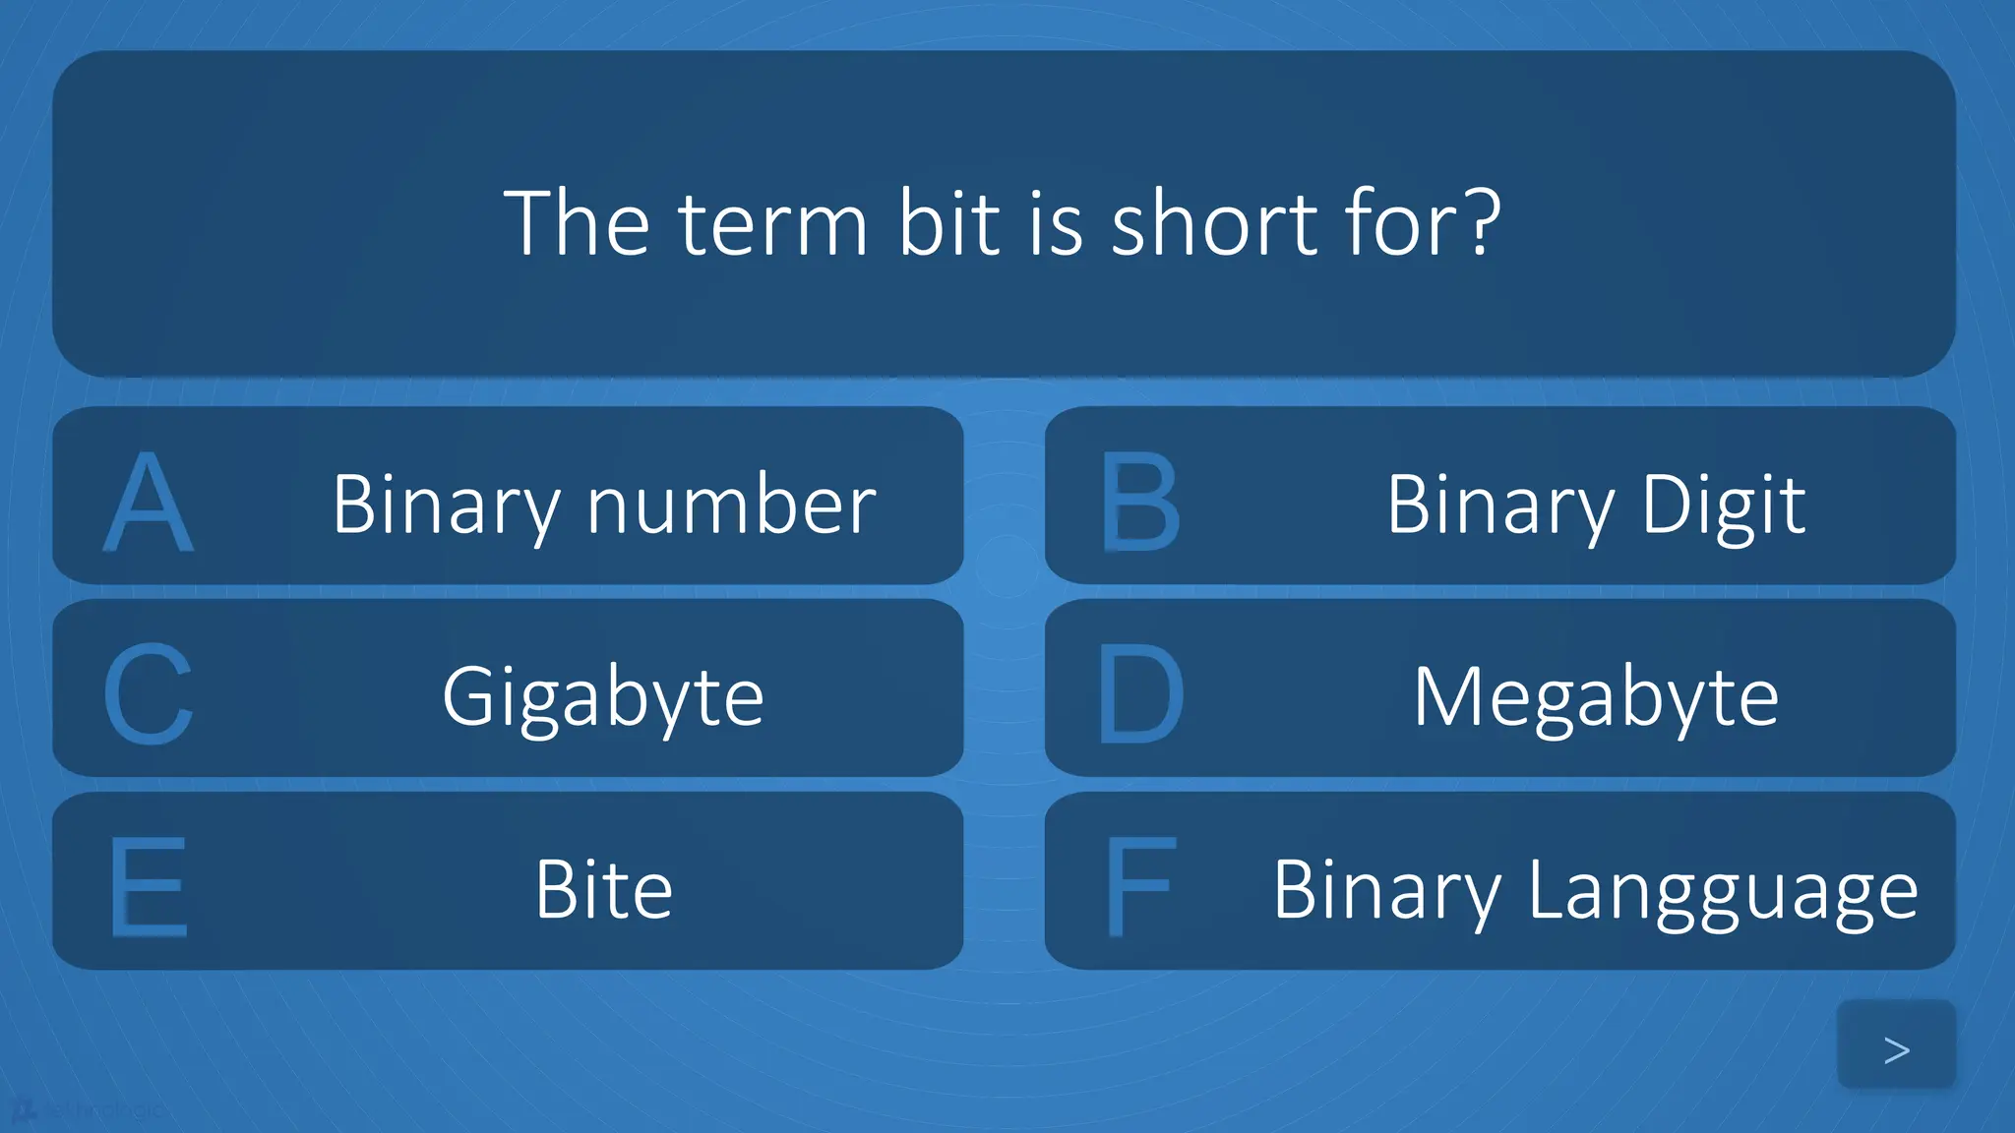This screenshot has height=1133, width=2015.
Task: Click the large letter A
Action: (148, 503)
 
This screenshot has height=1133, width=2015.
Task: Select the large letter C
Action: (148, 694)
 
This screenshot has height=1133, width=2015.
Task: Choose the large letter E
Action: (148, 887)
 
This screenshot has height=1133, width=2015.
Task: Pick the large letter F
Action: (1139, 887)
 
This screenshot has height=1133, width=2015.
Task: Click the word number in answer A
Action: (731, 505)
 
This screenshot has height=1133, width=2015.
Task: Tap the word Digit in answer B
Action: (1723, 505)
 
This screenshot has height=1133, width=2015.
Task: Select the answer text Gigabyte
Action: (603, 697)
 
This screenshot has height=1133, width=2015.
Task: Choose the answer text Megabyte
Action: (1596, 697)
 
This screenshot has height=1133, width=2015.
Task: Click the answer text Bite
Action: (603, 889)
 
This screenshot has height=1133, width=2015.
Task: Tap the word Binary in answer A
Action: (446, 505)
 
